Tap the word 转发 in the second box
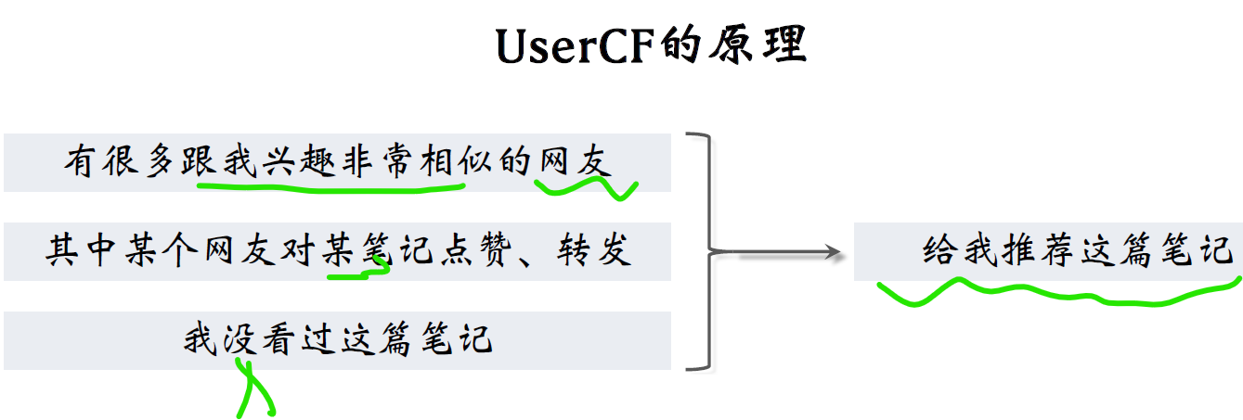coord(594,250)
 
